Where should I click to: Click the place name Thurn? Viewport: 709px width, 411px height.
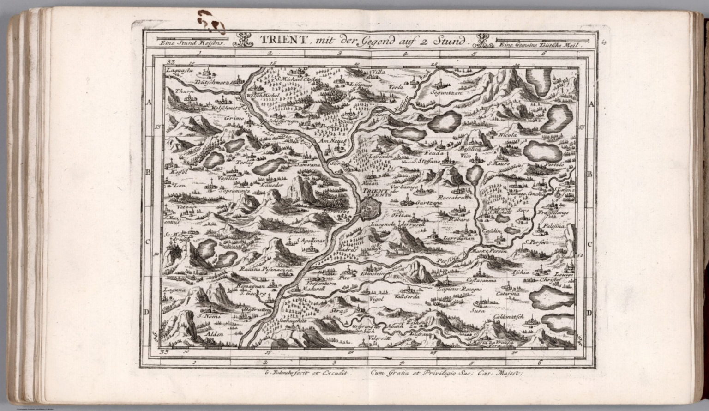pos(184,91)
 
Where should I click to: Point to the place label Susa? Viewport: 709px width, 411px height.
pos(477,311)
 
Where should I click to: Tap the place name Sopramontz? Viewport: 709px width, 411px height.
pos(234,190)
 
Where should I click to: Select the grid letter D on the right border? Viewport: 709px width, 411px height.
pos(589,313)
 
